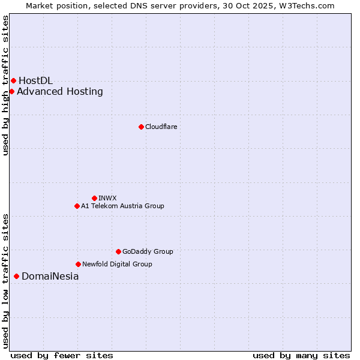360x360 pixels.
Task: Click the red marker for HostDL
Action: [13, 80]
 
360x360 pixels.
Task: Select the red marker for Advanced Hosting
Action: [11, 91]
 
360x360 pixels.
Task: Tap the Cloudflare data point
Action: [141, 127]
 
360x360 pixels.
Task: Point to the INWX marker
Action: [94, 198]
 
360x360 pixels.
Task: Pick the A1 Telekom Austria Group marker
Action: [77, 206]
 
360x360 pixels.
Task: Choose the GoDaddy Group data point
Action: [118, 251]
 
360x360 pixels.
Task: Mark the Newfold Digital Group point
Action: [78, 264]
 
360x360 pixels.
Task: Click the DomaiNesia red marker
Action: [16, 276]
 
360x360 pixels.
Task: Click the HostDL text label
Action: [35, 80]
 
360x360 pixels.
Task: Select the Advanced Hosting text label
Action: [60, 91]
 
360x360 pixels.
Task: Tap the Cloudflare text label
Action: [161, 127]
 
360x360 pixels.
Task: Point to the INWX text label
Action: [107, 198]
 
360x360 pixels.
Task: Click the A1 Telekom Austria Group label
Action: [122, 206]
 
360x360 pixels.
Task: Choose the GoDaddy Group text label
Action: [148, 251]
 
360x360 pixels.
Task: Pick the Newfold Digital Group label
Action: [117, 264]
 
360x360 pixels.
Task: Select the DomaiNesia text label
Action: [50, 276]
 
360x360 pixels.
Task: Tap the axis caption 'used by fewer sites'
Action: [62, 355]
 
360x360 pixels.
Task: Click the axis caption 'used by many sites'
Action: [301, 355]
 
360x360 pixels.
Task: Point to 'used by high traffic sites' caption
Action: [5, 85]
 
